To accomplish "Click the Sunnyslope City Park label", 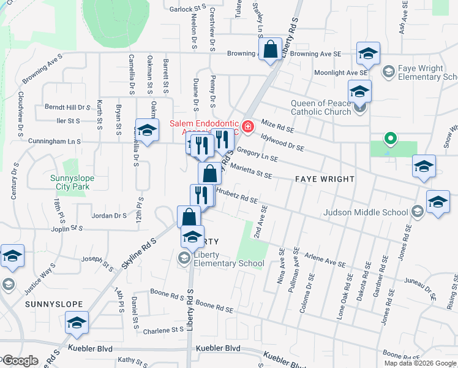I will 72,183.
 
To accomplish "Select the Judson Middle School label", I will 366,212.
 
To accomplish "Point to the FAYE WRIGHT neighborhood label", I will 325,179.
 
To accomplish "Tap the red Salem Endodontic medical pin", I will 248,127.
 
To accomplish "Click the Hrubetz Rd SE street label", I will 236,196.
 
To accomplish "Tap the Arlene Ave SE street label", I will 326,261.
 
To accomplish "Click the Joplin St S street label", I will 67,228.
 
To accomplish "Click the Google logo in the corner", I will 20,361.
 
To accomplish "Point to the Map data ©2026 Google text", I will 421,363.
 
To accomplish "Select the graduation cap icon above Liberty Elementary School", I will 192,237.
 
